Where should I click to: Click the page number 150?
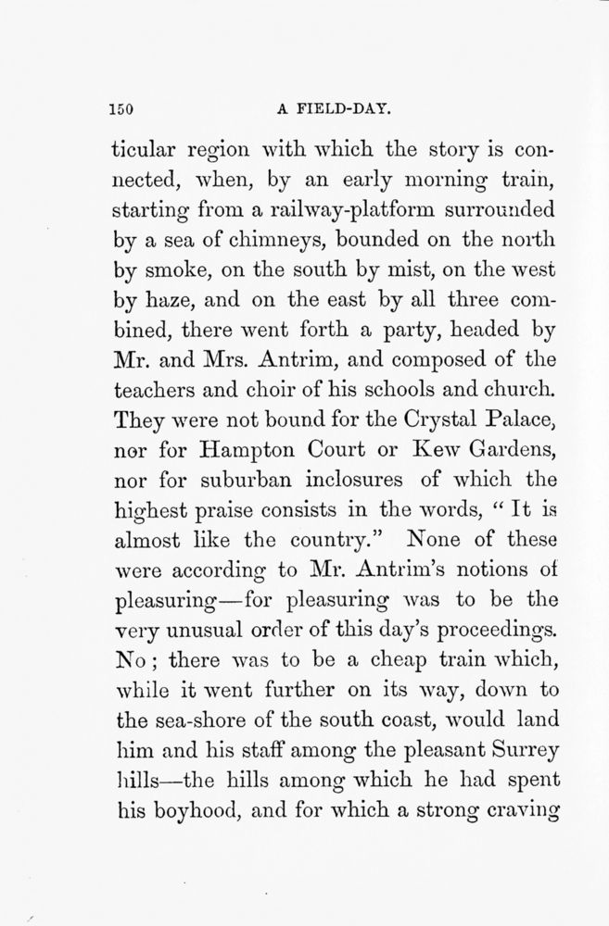point(122,108)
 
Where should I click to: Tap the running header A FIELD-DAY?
point(334,108)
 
